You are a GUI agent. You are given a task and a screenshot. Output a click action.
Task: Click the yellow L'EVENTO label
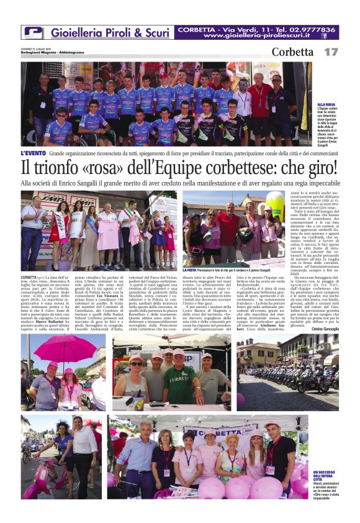pyautogui.click(x=33, y=153)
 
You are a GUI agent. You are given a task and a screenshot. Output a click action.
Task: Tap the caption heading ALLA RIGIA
pyautogui.click(x=326, y=105)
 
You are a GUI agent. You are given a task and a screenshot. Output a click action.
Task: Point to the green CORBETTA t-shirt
pyautogui.click(x=180, y=384)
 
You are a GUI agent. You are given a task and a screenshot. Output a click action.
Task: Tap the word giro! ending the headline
pyautogui.click(x=314, y=168)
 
